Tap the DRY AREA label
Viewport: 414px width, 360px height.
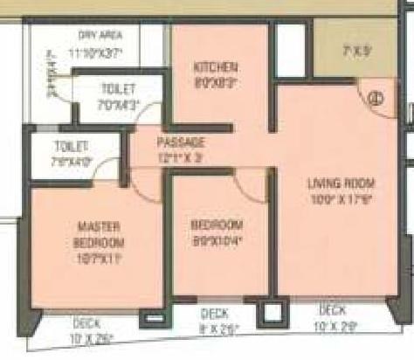100,35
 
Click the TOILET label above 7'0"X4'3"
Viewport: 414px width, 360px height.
115,88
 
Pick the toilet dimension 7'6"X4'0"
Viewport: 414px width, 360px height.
51,160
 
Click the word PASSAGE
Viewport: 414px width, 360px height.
181,142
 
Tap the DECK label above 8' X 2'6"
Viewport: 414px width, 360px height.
215,313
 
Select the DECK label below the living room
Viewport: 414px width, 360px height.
332,309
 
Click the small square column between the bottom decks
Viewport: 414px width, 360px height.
273,310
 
